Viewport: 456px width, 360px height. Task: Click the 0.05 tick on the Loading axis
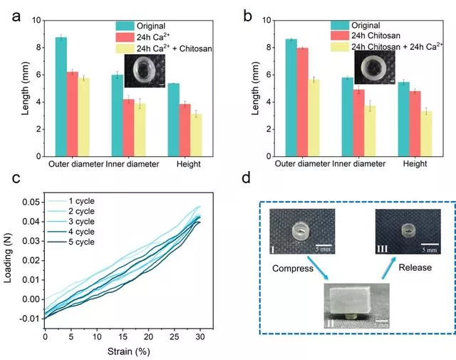pos(31,203)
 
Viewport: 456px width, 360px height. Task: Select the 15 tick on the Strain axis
pos(123,336)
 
